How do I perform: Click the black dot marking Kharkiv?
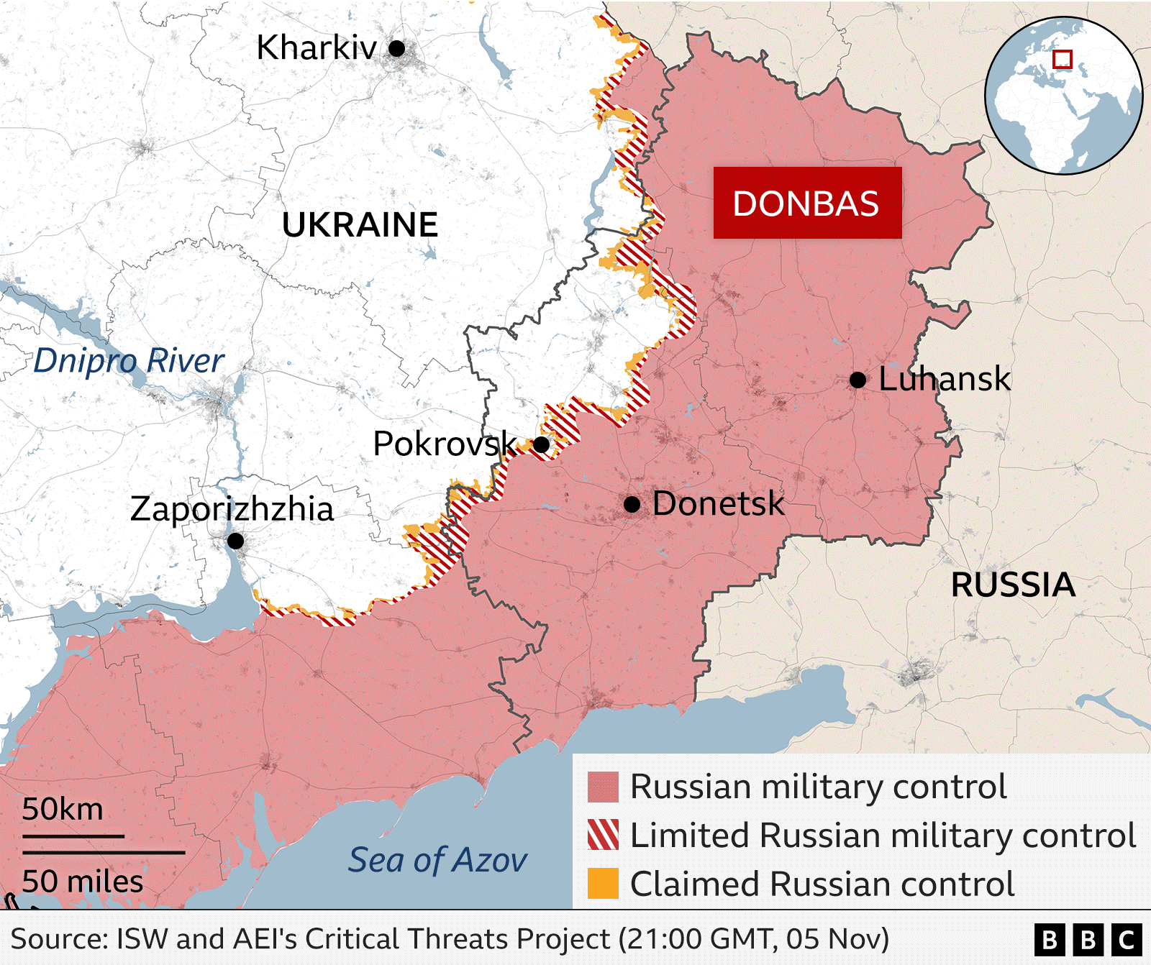[x=396, y=48]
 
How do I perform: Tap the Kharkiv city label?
[x=317, y=48]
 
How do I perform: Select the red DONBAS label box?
[x=807, y=203]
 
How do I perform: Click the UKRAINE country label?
[x=360, y=225]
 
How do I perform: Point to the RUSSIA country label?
[x=1013, y=585]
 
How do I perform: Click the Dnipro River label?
[x=129, y=361]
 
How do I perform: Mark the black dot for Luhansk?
[x=857, y=380]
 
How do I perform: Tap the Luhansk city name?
[x=945, y=379]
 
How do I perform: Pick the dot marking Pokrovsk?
[x=542, y=444]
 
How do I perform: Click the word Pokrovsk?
[x=445, y=444]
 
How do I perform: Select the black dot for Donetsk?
[x=632, y=504]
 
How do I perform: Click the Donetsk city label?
[x=718, y=503]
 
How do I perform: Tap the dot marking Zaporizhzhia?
[x=235, y=541]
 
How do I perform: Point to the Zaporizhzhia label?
[x=232, y=509]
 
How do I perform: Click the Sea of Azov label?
[x=437, y=860]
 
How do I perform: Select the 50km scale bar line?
[x=73, y=836]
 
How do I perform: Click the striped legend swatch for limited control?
[x=603, y=835]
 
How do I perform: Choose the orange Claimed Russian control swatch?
[x=603, y=884]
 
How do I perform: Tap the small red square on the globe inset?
[x=1062, y=59]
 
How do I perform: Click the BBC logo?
[x=1088, y=939]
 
